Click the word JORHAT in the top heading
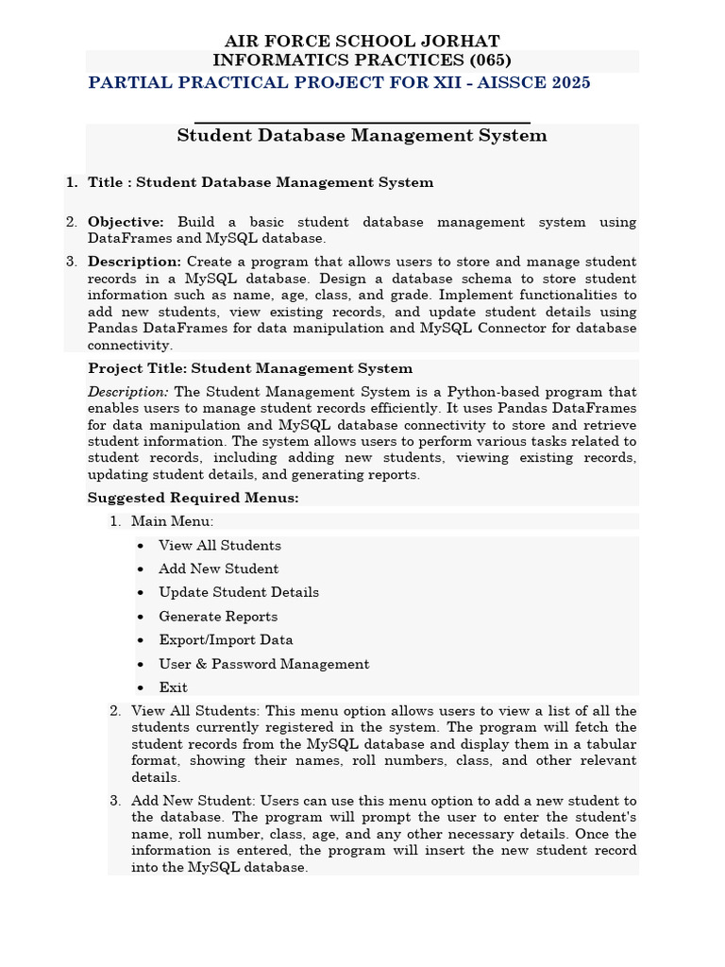coord(461,42)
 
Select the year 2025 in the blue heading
coord(566,83)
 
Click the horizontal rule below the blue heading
coord(362,123)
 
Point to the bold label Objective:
coord(126,222)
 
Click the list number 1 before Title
coord(71,182)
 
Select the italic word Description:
coord(128,392)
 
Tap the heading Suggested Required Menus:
coord(193,498)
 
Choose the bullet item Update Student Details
coord(238,592)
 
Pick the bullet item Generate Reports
coord(218,617)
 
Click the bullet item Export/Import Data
coord(226,640)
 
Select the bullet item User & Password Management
coord(263,664)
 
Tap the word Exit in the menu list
coord(173,687)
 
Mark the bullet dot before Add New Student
coord(141,569)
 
